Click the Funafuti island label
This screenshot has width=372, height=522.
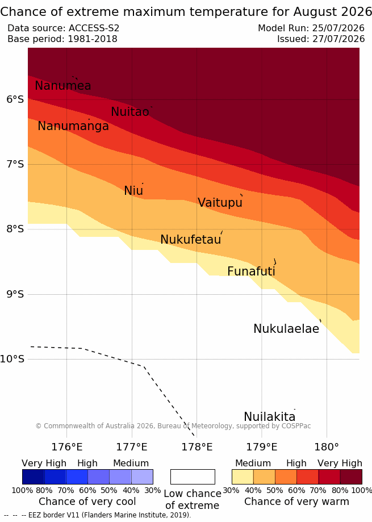(251, 271)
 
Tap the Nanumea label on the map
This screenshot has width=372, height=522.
(63, 86)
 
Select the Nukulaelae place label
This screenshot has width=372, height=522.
(286, 328)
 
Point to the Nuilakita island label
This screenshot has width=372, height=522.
(270, 416)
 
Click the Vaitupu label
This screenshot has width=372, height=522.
(220, 202)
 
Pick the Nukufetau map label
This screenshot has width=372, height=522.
(191, 239)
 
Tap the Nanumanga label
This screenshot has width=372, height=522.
(73, 126)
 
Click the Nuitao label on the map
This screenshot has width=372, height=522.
(129, 111)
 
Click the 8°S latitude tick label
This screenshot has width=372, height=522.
(15, 229)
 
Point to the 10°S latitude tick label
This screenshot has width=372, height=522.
(12, 359)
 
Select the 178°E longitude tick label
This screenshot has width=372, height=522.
(197, 447)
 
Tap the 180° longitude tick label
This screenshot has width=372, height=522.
(327, 447)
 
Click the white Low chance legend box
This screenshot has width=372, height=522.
(193, 477)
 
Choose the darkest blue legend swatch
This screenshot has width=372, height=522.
(34, 477)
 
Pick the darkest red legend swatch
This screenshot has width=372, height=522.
(351, 477)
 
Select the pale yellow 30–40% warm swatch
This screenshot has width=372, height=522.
(243, 477)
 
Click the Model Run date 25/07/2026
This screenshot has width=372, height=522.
(338, 28)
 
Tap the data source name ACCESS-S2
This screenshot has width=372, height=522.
(94, 28)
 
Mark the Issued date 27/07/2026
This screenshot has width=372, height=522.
(338, 39)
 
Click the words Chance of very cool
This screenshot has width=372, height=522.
(87, 502)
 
